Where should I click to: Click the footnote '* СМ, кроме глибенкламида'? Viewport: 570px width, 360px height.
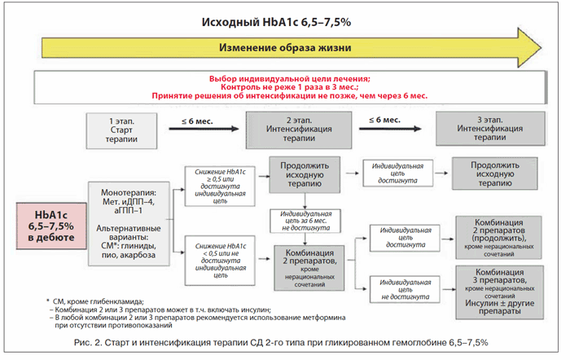point(98,301)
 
